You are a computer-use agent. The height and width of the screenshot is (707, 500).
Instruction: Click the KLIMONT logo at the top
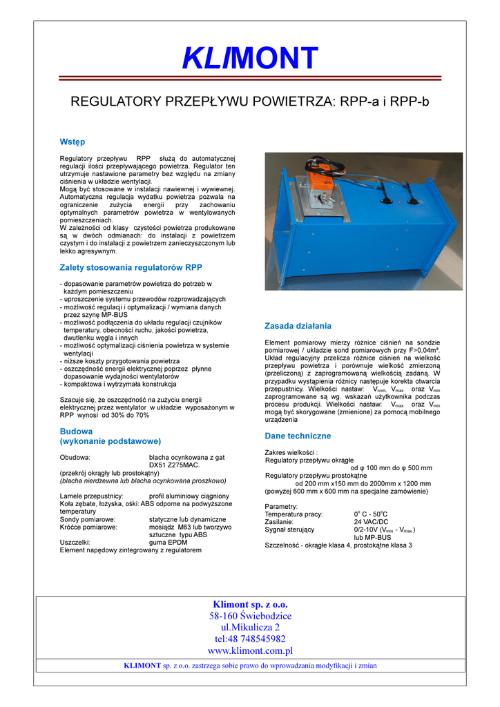[250, 58]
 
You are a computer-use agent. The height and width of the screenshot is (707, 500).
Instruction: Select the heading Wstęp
[73, 142]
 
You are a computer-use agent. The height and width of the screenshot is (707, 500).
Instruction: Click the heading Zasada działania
[298, 325]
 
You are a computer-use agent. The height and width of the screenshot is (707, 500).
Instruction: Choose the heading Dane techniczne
[298, 436]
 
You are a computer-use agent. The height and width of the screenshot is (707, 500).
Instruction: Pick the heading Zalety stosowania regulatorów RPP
[131, 267]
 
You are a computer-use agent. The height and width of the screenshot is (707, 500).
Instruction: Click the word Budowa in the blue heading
[77, 431]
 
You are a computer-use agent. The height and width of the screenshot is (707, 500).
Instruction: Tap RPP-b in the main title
[410, 102]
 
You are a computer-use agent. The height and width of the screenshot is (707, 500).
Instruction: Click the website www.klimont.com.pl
[250, 650]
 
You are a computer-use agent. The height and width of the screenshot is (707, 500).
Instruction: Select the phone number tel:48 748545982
[250, 639]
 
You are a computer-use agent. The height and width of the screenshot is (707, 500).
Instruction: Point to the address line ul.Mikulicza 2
[250, 627]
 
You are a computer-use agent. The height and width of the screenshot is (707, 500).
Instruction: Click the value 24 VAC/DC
[371, 522]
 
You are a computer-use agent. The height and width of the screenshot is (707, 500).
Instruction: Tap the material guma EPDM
[169, 542]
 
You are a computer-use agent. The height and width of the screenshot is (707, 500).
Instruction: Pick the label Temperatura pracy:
[294, 514]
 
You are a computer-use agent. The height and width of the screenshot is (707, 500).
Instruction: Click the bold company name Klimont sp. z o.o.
[250, 604]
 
